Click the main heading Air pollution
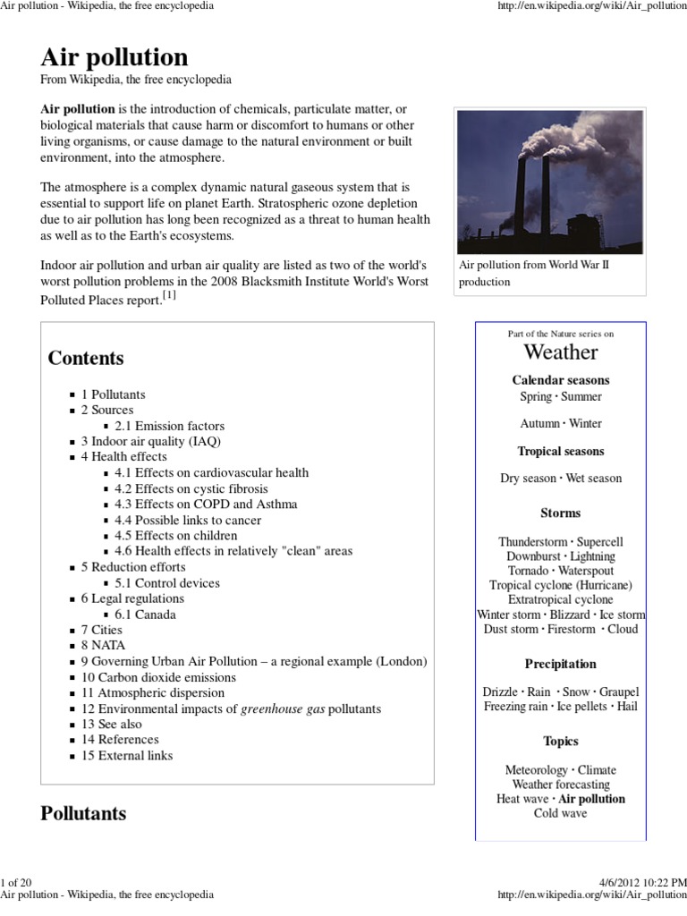coord(114,57)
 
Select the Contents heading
coord(86,358)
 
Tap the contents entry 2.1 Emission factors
coord(169,426)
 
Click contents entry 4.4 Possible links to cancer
coord(188,520)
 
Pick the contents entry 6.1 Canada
coord(145,615)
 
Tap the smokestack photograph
coord(549,182)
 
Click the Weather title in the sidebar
coord(560,352)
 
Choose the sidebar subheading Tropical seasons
coord(560,452)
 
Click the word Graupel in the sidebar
coord(618,691)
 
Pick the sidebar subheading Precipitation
coord(560,664)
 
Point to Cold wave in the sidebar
coord(560,813)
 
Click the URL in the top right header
coord(591,7)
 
